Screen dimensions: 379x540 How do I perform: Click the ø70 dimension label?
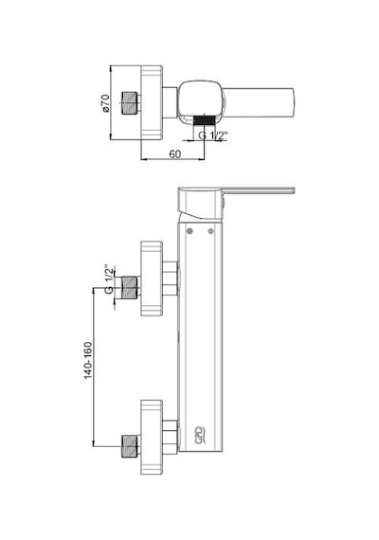pos(105,103)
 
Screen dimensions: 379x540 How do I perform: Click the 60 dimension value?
pos(174,153)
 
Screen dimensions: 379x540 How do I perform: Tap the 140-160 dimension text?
pos(88,360)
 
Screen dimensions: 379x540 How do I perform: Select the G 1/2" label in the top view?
pos(213,135)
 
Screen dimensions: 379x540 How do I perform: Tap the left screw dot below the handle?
pos(189,231)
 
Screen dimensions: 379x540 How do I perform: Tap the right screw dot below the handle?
pos(211,231)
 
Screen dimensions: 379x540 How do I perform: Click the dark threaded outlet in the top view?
pos(205,120)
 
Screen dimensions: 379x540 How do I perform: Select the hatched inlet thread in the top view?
pos(131,102)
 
